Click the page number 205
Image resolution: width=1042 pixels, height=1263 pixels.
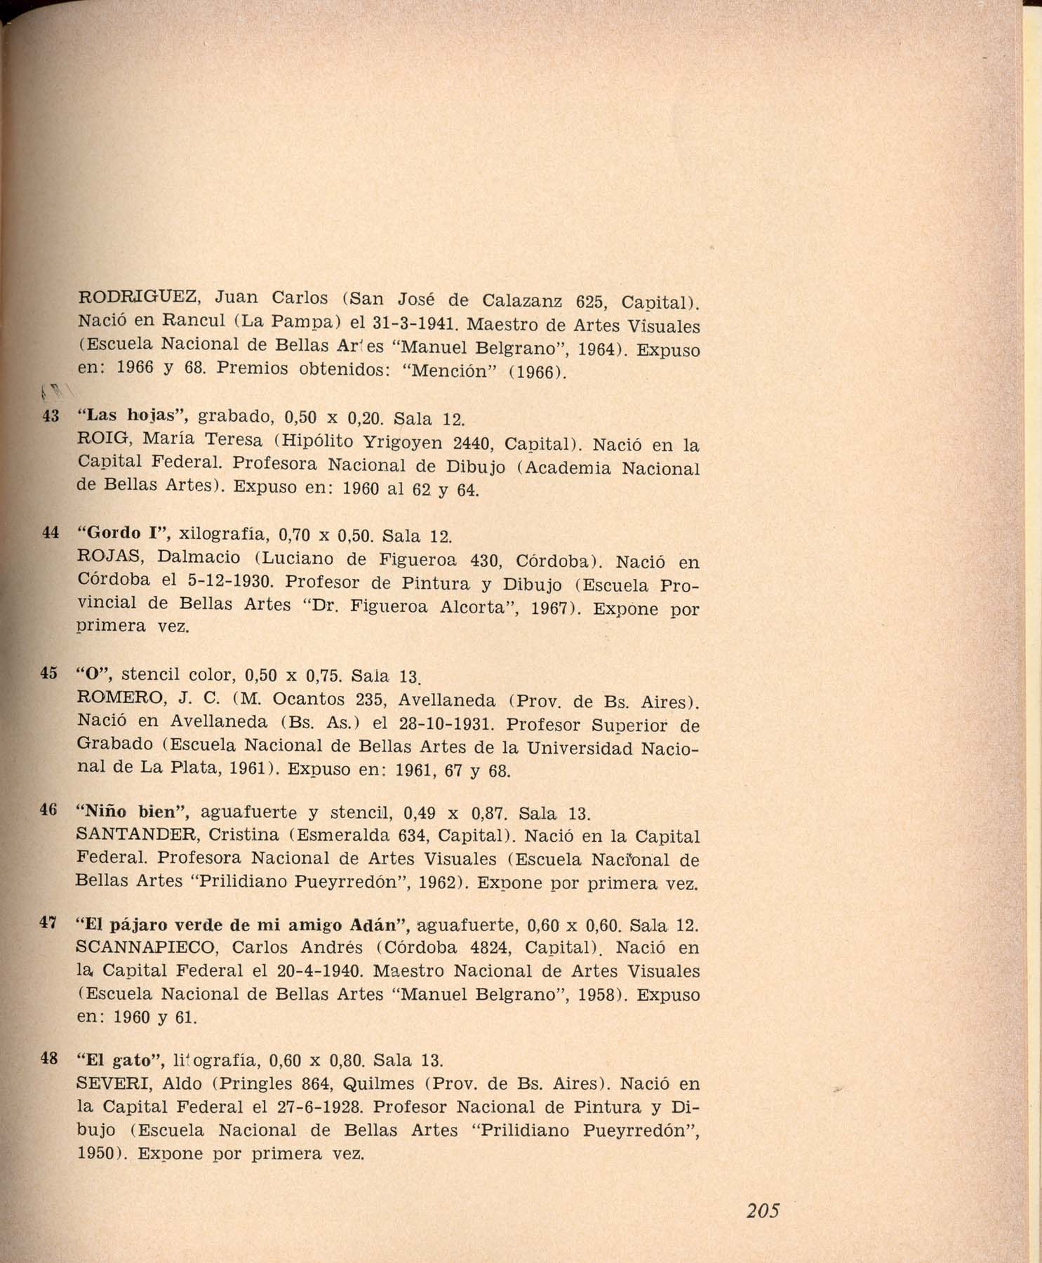[x=763, y=1210]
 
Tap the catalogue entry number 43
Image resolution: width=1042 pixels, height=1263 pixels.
[x=50, y=416]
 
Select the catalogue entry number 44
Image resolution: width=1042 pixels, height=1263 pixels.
[x=50, y=533]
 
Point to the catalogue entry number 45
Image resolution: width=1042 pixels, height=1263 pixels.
[x=48, y=673]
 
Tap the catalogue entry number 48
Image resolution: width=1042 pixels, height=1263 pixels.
[x=48, y=1059]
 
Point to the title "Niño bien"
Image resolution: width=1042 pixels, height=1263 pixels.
[x=133, y=812]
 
